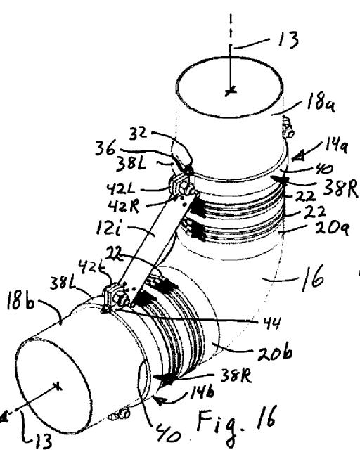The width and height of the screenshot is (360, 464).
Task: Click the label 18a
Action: click(x=321, y=103)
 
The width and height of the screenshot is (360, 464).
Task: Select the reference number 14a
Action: click(x=335, y=146)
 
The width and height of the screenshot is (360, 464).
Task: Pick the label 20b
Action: click(x=275, y=352)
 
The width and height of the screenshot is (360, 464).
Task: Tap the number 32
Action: click(x=138, y=133)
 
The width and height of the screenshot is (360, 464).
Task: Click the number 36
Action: click(x=105, y=148)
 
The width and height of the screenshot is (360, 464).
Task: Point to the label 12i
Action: click(x=108, y=228)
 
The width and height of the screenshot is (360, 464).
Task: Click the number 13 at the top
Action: click(x=288, y=39)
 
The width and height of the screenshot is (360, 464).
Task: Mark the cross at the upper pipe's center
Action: click(x=231, y=91)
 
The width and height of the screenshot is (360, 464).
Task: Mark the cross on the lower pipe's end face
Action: click(x=58, y=386)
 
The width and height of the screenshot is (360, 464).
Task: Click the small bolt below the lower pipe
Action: click(x=118, y=414)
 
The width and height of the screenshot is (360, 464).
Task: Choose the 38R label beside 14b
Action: click(x=236, y=376)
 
